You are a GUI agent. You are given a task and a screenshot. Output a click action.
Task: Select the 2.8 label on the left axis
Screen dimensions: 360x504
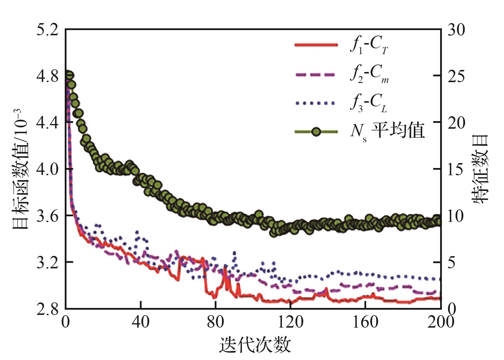(x=47, y=309)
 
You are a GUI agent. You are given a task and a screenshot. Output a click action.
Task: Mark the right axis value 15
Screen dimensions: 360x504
(x=456, y=169)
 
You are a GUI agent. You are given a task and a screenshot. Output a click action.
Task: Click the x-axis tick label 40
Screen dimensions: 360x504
(x=140, y=322)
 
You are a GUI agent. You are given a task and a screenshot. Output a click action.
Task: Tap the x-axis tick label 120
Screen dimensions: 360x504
(x=290, y=322)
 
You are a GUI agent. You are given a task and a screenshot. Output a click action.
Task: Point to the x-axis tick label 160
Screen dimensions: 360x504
(x=365, y=322)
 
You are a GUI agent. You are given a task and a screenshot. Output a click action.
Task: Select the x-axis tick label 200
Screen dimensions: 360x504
(x=440, y=322)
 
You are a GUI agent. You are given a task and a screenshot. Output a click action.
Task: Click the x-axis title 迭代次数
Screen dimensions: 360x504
(x=255, y=345)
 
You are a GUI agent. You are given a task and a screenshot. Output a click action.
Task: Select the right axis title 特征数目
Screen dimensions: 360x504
(x=480, y=169)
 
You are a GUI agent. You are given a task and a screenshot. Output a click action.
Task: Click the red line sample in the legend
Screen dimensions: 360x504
(x=316, y=45)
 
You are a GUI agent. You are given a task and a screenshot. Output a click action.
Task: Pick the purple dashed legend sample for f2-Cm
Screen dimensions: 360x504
(x=316, y=75)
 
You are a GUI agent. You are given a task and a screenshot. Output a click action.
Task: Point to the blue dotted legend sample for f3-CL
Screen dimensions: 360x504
(x=316, y=103)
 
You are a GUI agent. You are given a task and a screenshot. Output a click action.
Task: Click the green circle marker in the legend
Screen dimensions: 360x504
(x=316, y=132)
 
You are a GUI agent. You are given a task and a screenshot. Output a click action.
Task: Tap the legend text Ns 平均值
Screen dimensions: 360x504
(x=387, y=132)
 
